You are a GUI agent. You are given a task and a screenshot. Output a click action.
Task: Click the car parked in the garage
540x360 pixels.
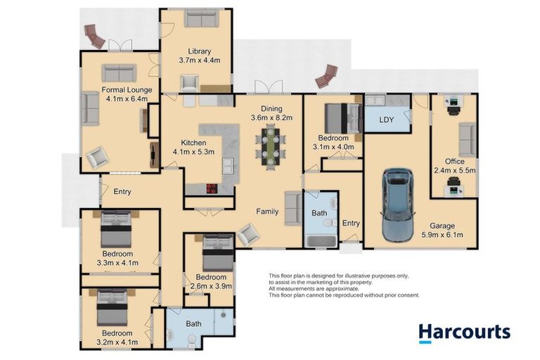tap(397, 204)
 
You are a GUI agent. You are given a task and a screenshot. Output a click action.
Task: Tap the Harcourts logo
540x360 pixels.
tap(464, 332)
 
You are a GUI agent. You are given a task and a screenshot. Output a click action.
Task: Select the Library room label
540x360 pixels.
tap(199, 51)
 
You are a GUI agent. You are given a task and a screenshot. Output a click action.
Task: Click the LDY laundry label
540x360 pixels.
tap(386, 120)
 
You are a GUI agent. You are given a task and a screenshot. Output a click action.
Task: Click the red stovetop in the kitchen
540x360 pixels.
tap(210, 188)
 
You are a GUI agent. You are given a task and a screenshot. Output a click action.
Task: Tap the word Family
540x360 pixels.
tap(266, 210)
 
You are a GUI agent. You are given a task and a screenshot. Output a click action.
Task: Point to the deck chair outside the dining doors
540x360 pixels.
tap(326, 76)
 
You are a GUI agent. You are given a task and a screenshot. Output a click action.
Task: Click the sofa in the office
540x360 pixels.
tap(467, 139)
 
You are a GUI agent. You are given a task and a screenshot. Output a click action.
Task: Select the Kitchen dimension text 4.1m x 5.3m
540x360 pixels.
tap(193, 151)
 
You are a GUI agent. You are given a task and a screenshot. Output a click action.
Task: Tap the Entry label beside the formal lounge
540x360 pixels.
tap(122, 191)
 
